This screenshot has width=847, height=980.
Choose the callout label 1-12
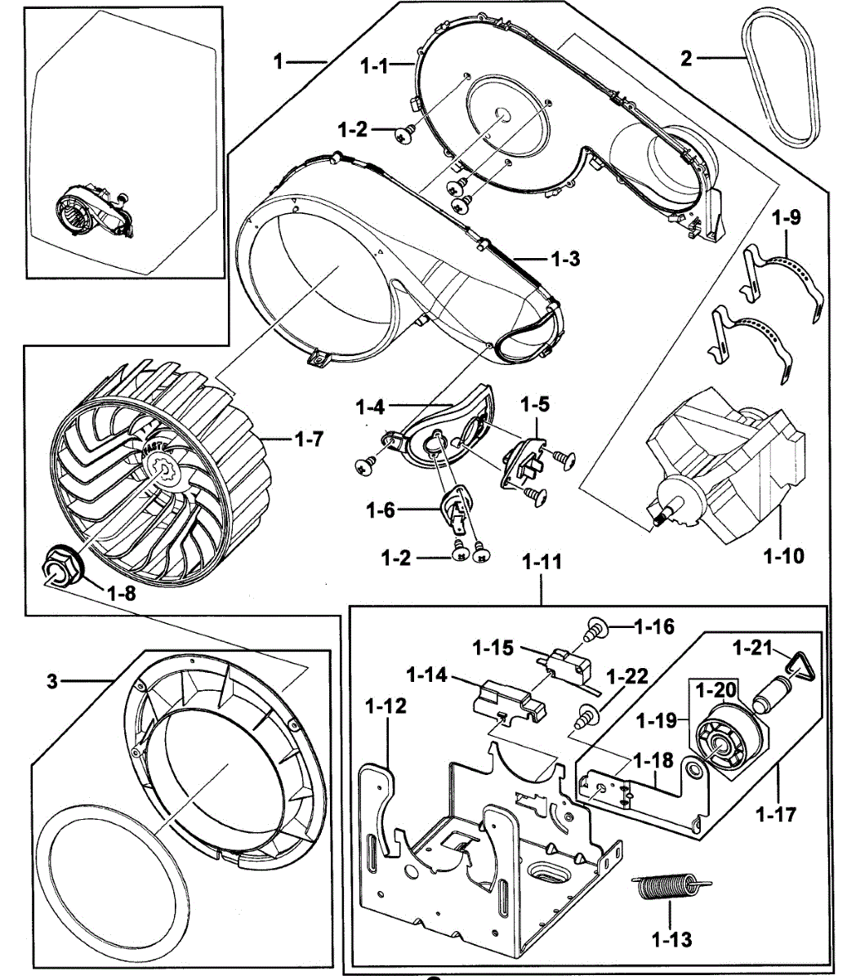click(x=386, y=706)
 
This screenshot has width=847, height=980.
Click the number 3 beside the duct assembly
click(x=52, y=680)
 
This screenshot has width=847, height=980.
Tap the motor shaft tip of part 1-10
click(x=657, y=515)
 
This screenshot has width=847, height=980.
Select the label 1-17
click(x=776, y=813)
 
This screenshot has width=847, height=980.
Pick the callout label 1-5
click(x=536, y=404)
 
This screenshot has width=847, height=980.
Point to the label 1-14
click(x=426, y=675)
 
